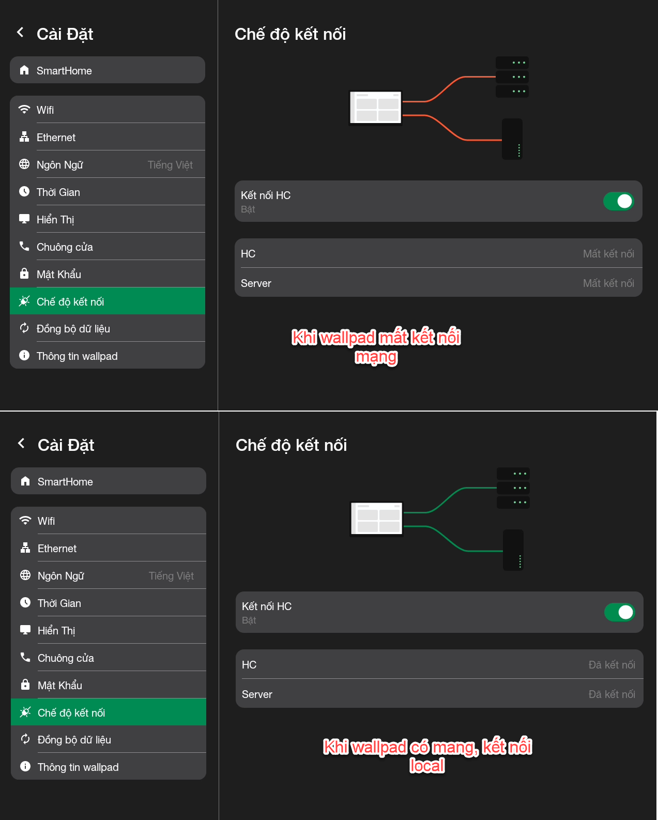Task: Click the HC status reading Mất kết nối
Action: (608, 254)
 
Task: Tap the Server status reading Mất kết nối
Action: (608, 283)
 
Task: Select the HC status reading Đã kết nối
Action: (611, 664)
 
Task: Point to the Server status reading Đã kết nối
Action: (611, 694)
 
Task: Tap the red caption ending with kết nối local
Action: (427, 756)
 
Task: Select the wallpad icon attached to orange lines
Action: (376, 108)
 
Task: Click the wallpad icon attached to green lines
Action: (377, 519)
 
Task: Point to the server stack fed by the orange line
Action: (512, 77)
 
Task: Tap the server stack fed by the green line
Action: (513, 488)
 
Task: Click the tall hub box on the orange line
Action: (512, 139)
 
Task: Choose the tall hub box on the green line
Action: (513, 550)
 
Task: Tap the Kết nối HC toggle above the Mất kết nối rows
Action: (618, 201)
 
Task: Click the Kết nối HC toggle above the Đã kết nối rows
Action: (620, 612)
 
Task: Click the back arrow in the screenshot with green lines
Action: (21, 443)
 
